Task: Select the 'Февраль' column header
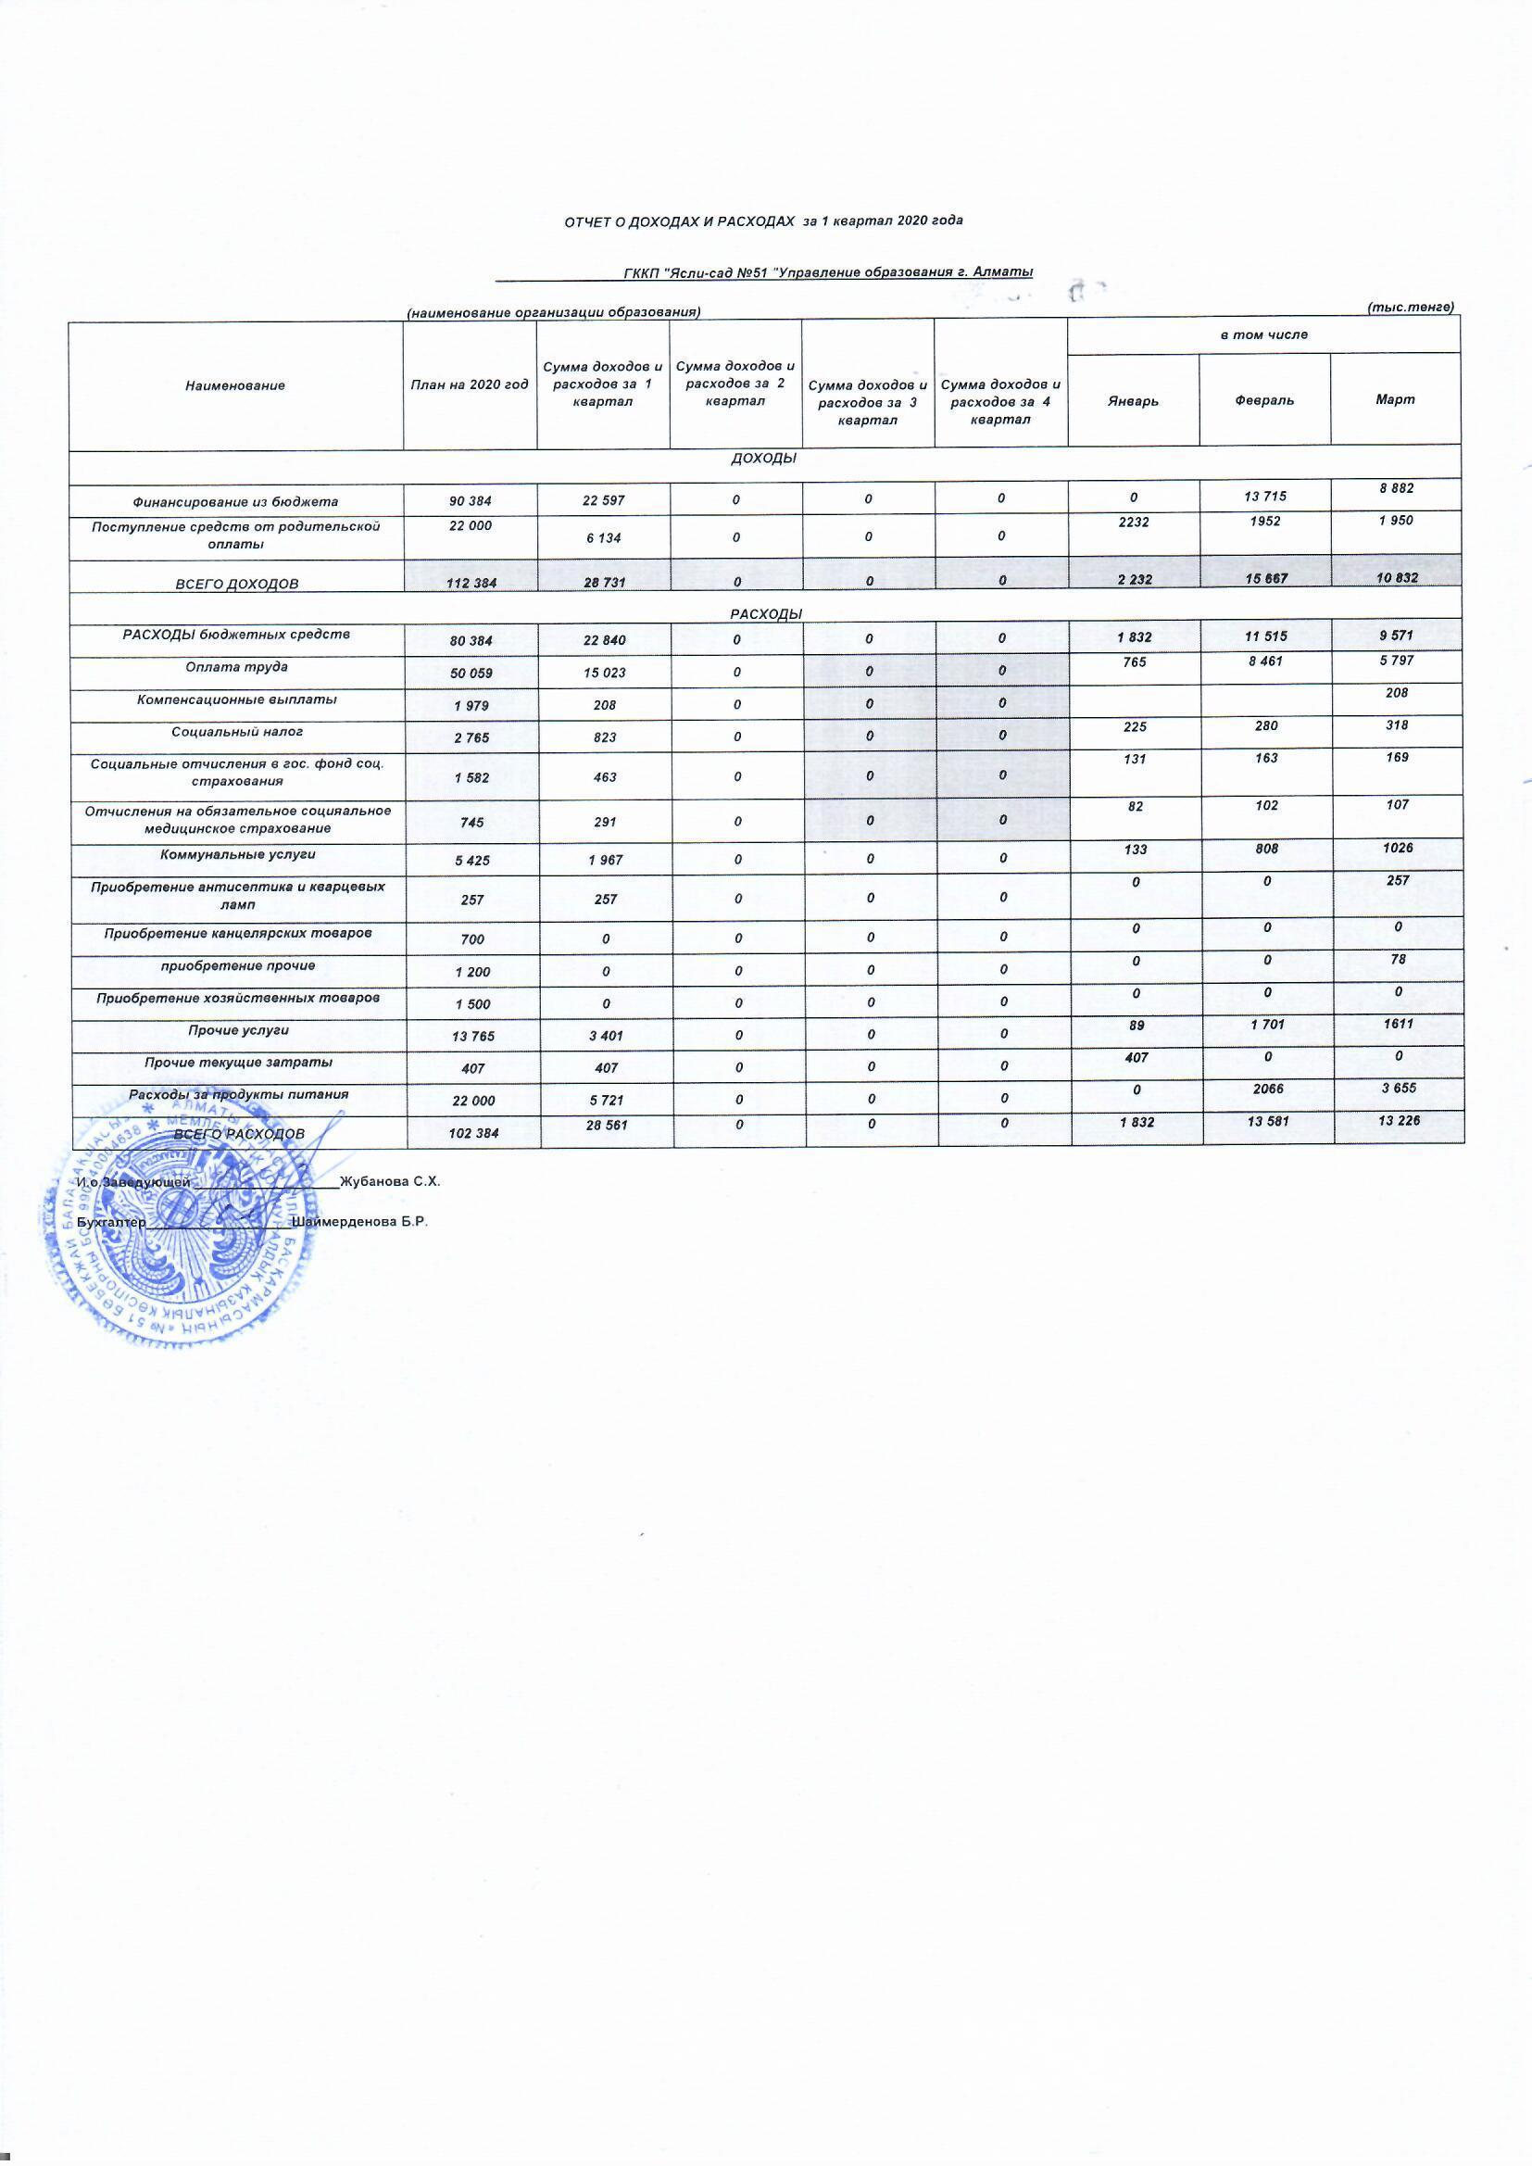(1264, 400)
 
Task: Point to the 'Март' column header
(1395, 399)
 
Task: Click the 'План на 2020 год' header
(469, 384)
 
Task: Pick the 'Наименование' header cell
(235, 384)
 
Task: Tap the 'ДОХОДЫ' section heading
(764, 458)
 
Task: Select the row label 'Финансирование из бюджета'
(235, 502)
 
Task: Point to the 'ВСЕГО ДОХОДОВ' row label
(237, 584)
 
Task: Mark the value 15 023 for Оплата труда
(603, 673)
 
